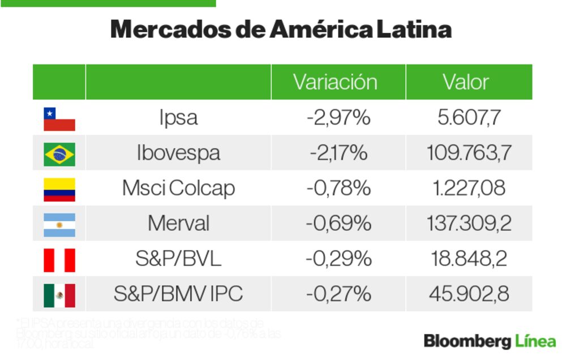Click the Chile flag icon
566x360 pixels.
[59, 119]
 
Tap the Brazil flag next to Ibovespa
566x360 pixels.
[59, 154]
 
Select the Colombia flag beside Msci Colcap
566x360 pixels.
[59, 189]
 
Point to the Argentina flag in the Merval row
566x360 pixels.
[59, 224]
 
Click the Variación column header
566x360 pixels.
[335, 82]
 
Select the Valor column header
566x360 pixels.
[466, 82]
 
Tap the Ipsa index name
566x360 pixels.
[178, 118]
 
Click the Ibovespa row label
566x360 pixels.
[178, 153]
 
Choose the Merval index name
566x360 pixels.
[178, 224]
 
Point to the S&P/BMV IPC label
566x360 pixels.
[178, 294]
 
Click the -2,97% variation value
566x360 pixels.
[338, 118]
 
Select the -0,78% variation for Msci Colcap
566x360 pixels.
[338, 188]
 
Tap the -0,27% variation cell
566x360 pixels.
[338, 294]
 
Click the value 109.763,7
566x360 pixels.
[469, 153]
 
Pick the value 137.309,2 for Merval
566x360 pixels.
[469, 224]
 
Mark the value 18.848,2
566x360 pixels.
[469, 259]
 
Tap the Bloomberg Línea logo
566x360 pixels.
[490, 341]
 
